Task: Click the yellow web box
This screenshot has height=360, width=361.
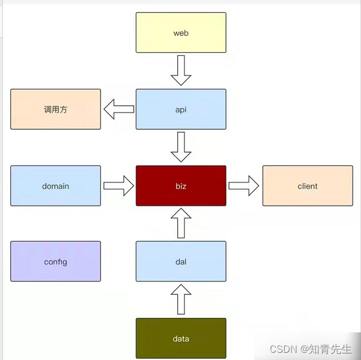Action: click(181, 32)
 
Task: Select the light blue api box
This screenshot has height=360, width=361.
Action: click(181, 109)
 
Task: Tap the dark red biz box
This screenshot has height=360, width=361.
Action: click(181, 186)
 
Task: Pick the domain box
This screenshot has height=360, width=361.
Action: click(55, 186)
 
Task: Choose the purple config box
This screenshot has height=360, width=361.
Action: click(55, 261)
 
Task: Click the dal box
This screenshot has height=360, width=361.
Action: click(181, 261)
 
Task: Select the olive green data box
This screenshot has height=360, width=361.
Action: click(181, 338)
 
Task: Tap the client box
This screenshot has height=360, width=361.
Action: click(308, 186)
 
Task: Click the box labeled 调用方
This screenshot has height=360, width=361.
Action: click(55, 109)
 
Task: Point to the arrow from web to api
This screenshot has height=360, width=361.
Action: click(181, 71)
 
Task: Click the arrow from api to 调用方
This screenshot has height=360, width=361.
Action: click(118, 109)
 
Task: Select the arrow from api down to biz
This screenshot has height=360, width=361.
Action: click(181, 147)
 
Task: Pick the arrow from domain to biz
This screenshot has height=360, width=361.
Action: click(118, 186)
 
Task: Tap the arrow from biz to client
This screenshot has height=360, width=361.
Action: click(244, 186)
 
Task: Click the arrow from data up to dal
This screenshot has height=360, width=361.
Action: click(181, 300)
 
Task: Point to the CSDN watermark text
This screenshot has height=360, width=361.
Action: click(311, 349)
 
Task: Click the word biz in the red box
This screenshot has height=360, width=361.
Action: click(181, 186)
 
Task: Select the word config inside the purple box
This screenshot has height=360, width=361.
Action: click(55, 262)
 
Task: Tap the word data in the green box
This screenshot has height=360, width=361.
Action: click(181, 339)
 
